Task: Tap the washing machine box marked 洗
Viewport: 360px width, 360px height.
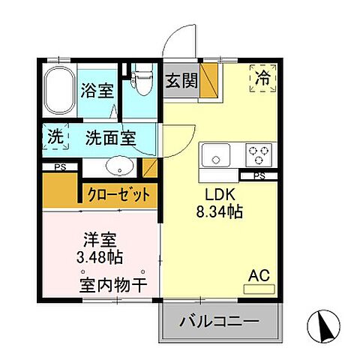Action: [x=55, y=137]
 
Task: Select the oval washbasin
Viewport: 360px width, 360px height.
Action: [x=118, y=165]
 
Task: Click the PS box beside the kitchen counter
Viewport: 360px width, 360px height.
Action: [x=259, y=176]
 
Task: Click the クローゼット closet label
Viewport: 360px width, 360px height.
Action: [x=118, y=194]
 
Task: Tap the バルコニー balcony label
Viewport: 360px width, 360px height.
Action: [x=218, y=325]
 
